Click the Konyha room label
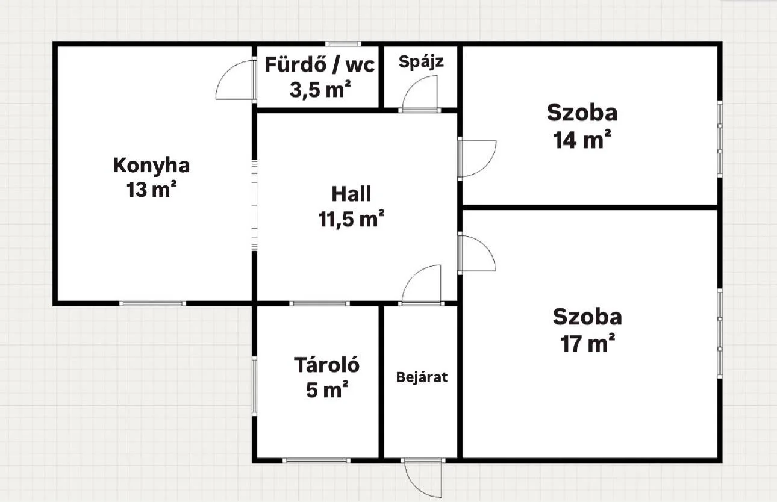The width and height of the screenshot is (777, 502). click(x=152, y=166)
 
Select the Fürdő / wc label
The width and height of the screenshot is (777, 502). click(x=319, y=65)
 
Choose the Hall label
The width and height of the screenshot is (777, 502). click(x=351, y=194)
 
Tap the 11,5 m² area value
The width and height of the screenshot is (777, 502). click(x=351, y=218)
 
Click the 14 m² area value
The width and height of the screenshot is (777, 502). click(x=582, y=140)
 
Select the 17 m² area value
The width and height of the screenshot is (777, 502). click(x=588, y=343)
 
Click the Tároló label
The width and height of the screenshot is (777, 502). click(x=326, y=365)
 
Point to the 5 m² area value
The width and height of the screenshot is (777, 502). click(x=327, y=389)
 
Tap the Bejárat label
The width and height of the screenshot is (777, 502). click(x=422, y=377)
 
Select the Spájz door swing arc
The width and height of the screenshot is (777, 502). click(x=414, y=84)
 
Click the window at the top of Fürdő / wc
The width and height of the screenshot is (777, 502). click(x=343, y=44)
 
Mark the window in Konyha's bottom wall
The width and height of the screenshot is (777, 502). click(x=152, y=303)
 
